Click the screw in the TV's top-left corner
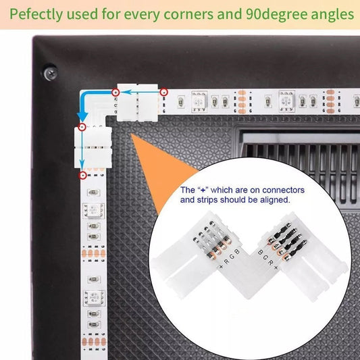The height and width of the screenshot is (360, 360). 51,73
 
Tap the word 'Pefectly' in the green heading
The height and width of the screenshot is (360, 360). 36,14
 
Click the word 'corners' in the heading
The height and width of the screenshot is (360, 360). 188,14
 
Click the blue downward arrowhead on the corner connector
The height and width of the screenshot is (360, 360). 82,116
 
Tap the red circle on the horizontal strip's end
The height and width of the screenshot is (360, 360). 163,93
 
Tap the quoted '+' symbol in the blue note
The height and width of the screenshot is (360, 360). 203,190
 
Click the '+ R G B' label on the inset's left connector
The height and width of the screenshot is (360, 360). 229,259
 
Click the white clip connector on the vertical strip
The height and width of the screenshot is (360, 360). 93,147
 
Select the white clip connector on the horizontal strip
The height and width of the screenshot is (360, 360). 138,103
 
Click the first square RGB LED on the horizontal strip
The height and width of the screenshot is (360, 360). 199,101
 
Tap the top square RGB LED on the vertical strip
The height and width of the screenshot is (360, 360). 93,211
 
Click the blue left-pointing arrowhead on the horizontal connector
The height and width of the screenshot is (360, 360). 126,93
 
